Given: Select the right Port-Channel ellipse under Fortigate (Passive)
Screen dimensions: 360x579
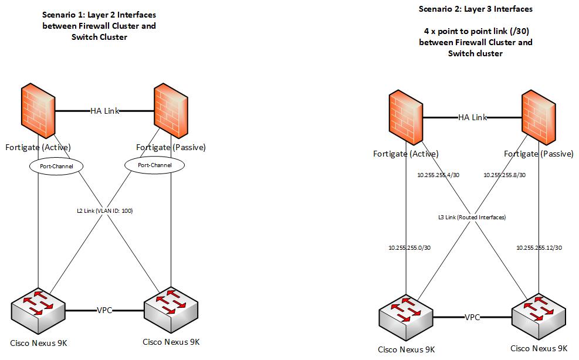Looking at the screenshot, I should click(x=155, y=165).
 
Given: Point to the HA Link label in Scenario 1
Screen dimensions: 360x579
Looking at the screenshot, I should click(x=104, y=111).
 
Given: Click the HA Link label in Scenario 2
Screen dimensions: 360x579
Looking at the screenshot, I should click(x=472, y=117).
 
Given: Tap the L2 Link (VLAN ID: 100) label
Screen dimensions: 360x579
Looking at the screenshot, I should click(x=104, y=210).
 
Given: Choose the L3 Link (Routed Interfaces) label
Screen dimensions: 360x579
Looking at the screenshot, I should click(x=472, y=217).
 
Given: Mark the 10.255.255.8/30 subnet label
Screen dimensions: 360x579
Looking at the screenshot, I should click(x=504, y=175).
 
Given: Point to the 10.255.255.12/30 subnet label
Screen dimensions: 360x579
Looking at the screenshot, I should click(x=539, y=247).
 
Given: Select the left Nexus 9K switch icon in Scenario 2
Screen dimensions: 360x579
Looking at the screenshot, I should click(x=406, y=317).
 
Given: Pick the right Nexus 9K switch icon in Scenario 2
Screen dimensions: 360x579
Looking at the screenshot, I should click(x=538, y=317).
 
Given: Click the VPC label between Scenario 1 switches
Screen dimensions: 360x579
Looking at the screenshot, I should click(x=105, y=310).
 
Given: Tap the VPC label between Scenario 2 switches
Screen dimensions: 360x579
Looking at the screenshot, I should click(x=472, y=317).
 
